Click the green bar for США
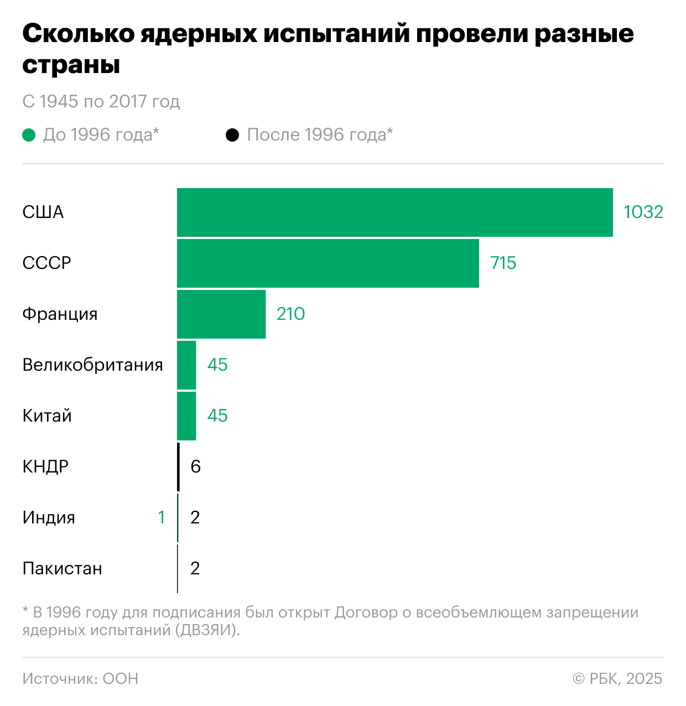pyautogui.click(x=394, y=212)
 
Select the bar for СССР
pyautogui.click(x=328, y=263)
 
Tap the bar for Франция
pyautogui.click(x=221, y=314)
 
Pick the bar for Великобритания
pyautogui.click(x=186, y=365)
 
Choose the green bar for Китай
pyautogui.click(x=186, y=416)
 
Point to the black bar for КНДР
pyautogui.click(x=178, y=467)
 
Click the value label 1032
pyautogui.click(x=643, y=212)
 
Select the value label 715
pyautogui.click(x=503, y=263)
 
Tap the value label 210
pyautogui.click(x=290, y=314)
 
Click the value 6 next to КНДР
pyautogui.click(x=195, y=467)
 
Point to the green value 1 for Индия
pyautogui.click(x=162, y=518)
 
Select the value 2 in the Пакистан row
pyautogui.click(x=195, y=569)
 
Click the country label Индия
pyautogui.click(x=49, y=518)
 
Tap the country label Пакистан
pyautogui.click(x=62, y=569)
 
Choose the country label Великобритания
pyautogui.click(x=92, y=365)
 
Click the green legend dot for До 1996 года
pyautogui.click(x=29, y=135)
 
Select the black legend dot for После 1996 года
pyautogui.click(x=232, y=135)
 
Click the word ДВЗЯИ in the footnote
pyautogui.click(x=204, y=630)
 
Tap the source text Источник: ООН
pyautogui.click(x=80, y=679)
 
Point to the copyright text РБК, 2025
pyautogui.click(x=617, y=679)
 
